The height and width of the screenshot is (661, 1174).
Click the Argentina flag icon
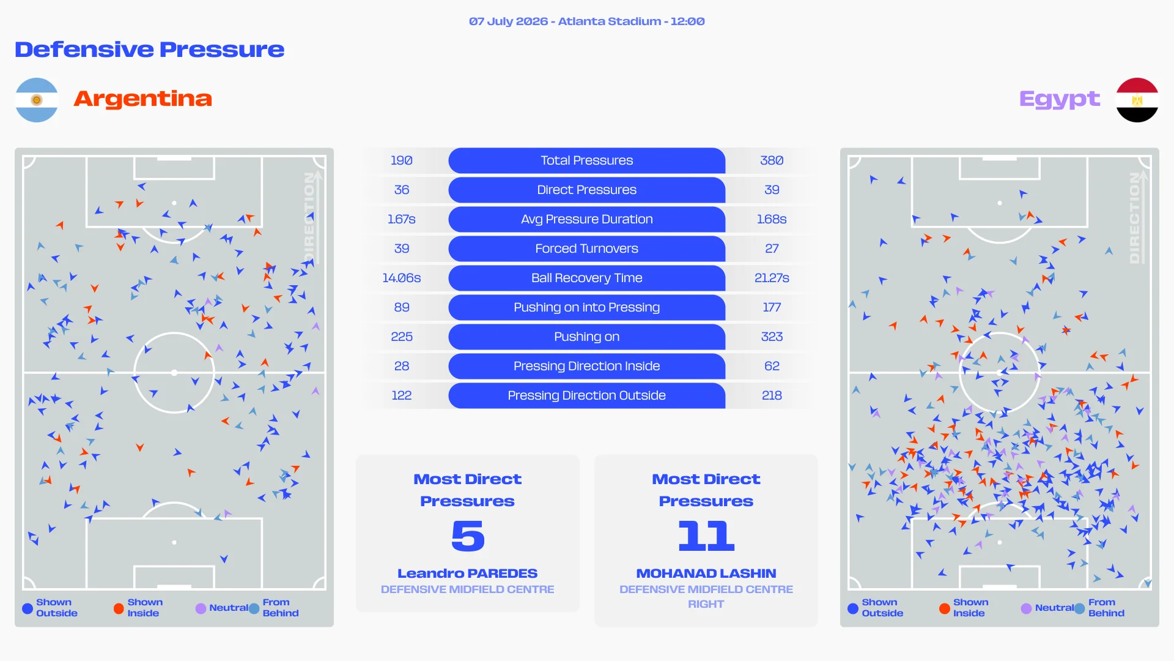pyautogui.click(x=37, y=100)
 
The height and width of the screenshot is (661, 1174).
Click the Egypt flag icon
pyautogui.click(x=1137, y=100)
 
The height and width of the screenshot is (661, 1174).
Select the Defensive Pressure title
pyautogui.click(x=150, y=50)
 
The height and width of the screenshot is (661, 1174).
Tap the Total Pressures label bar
pyautogui.click(x=587, y=160)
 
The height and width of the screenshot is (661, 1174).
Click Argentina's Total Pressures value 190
pyautogui.click(x=402, y=160)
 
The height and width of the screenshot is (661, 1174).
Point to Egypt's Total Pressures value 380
pyautogui.click(x=772, y=160)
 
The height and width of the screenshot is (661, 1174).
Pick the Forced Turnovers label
pyautogui.click(x=587, y=248)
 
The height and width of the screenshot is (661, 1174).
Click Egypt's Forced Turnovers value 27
pyautogui.click(x=772, y=248)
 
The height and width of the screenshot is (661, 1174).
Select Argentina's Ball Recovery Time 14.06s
pyautogui.click(x=402, y=278)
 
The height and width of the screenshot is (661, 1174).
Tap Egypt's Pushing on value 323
pyautogui.click(x=772, y=337)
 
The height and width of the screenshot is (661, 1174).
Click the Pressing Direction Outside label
pyautogui.click(x=587, y=395)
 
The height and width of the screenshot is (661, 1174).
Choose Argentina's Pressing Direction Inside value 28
pyautogui.click(x=402, y=366)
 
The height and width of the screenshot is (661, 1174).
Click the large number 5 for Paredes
pyautogui.click(x=468, y=536)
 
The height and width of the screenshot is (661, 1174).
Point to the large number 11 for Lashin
pyautogui.click(x=706, y=536)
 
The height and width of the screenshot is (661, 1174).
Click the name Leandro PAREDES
pyautogui.click(x=468, y=573)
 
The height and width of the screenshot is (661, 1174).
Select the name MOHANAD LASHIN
pyautogui.click(x=706, y=573)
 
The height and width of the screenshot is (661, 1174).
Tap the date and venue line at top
pyautogui.click(x=587, y=21)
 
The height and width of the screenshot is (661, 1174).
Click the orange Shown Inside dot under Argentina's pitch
pyautogui.click(x=119, y=608)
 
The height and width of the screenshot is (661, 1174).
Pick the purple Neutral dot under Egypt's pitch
pyautogui.click(x=1026, y=608)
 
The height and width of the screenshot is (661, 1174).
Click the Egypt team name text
pyautogui.click(x=1060, y=99)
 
